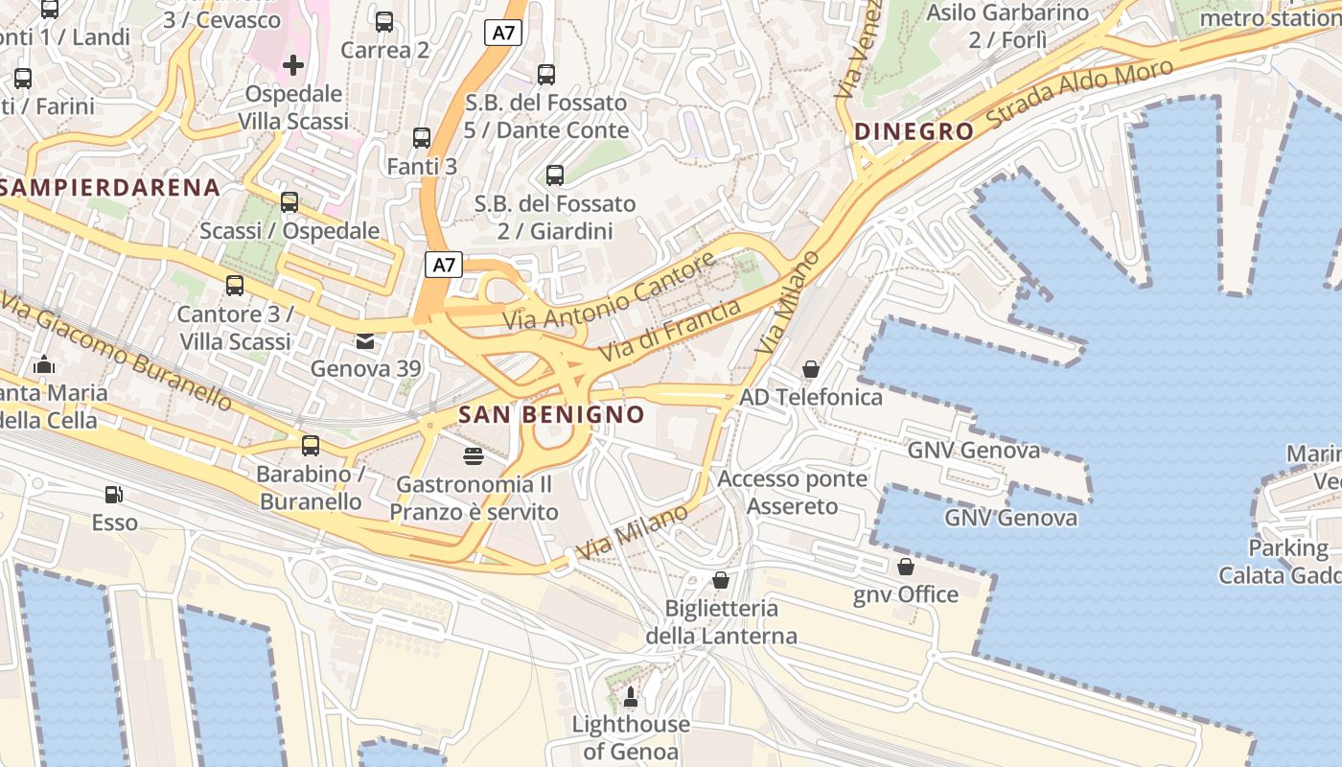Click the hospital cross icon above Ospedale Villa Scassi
click(x=293, y=65)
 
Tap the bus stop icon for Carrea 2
click(x=384, y=22)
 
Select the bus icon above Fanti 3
click(x=422, y=138)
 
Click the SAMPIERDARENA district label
click(x=110, y=188)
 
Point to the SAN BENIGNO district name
click(x=551, y=415)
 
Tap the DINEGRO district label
click(x=914, y=132)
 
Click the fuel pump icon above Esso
click(x=114, y=495)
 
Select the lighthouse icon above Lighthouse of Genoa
click(x=631, y=696)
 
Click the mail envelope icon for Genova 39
click(x=365, y=341)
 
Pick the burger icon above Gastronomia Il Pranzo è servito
click(x=474, y=456)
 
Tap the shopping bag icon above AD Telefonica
click(x=811, y=369)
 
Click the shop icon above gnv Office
click(x=906, y=567)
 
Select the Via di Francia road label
click(x=670, y=331)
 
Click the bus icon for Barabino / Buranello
click(x=311, y=446)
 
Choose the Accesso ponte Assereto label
click(x=793, y=493)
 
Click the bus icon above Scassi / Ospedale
click(x=289, y=202)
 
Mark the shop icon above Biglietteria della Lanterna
click(x=721, y=580)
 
